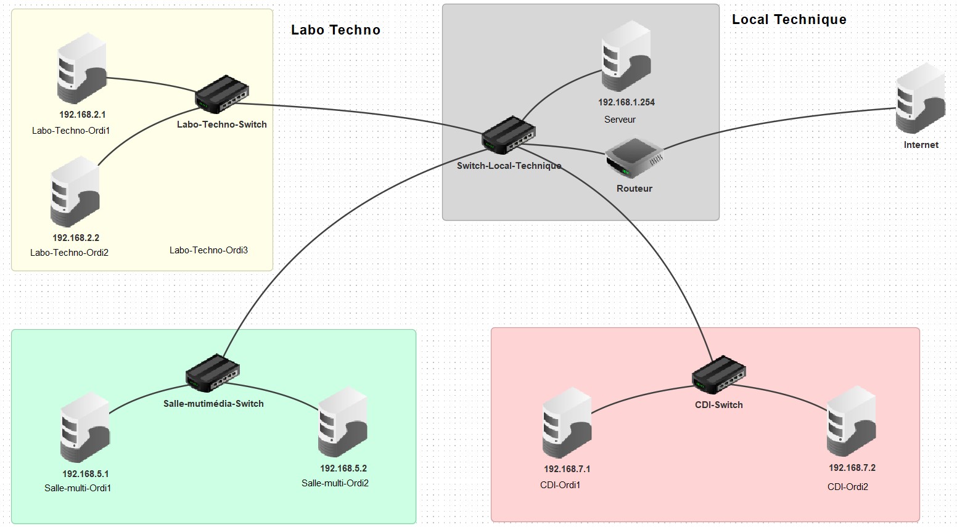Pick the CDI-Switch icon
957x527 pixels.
tap(719, 374)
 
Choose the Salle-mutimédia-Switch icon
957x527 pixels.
tap(213, 372)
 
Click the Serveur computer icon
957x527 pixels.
tap(626, 57)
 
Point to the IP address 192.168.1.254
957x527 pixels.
tap(626, 102)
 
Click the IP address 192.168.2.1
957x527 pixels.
tap(83, 115)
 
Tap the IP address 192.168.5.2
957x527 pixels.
tap(343, 468)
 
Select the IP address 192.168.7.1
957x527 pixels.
tap(567, 469)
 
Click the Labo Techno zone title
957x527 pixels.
tap(335, 30)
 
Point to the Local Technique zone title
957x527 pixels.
tap(789, 20)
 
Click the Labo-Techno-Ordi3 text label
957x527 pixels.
tap(208, 250)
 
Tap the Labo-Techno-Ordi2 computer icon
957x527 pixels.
tap(75, 192)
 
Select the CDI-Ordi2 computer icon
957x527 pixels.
tap(851, 422)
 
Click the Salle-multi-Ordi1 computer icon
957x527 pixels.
tap(85, 428)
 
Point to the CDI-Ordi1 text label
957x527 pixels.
tap(561, 485)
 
